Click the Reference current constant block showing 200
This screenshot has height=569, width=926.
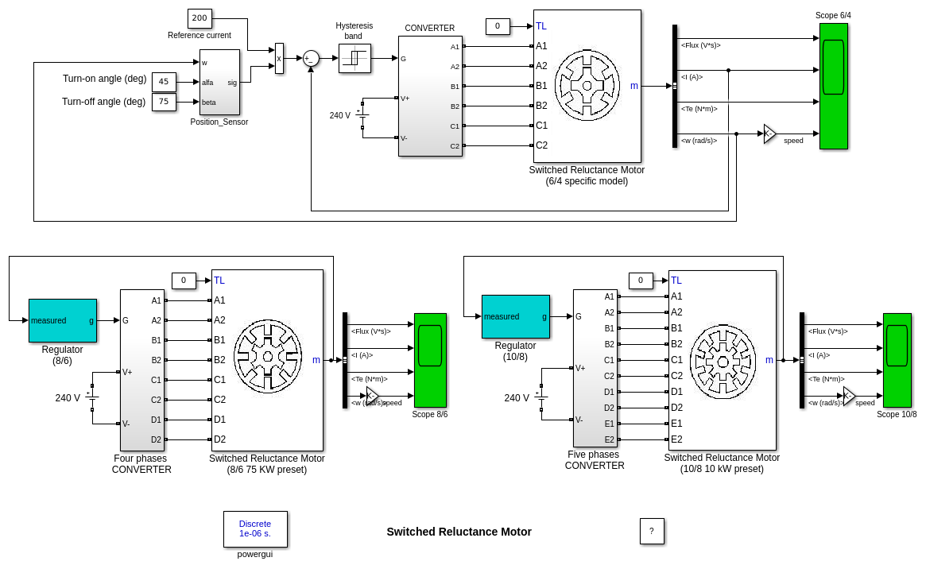[200, 18]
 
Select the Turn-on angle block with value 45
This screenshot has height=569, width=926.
[164, 82]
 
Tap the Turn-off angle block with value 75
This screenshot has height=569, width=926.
[164, 102]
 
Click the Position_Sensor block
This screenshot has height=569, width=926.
[219, 82]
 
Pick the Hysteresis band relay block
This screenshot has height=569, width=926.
[355, 58]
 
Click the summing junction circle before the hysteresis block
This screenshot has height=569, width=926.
[311, 58]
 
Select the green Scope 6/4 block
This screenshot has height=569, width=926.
[833, 86]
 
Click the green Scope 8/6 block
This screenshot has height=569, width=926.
[430, 360]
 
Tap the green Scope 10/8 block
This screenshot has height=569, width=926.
[897, 360]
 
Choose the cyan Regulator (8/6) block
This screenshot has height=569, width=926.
[63, 320]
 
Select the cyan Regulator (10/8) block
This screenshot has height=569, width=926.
[515, 316]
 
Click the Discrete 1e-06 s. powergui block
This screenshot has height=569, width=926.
[255, 528]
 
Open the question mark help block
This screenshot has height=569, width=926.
[652, 531]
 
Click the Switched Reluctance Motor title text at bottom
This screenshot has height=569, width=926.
[459, 532]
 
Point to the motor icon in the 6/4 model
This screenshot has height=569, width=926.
[587, 86]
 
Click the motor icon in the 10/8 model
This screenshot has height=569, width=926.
[722, 362]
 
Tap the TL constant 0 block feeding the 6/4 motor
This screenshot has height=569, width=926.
[498, 26]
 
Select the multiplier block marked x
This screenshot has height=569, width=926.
[279, 58]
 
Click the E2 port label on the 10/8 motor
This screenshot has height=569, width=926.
[676, 439]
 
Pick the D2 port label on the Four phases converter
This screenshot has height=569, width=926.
[156, 439]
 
